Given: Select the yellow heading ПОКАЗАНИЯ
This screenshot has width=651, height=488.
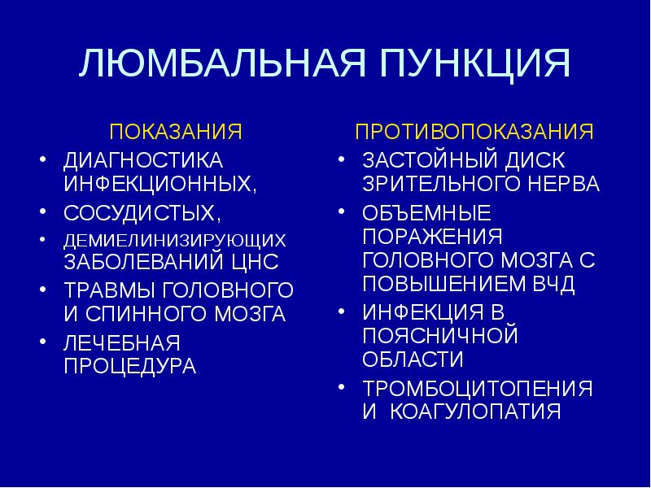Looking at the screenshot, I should pyautogui.click(x=177, y=131).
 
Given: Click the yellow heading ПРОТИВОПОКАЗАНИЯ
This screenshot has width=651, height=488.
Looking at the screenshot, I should pyautogui.click(x=474, y=131).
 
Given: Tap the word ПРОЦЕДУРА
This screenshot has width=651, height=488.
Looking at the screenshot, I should pyautogui.click(x=130, y=366).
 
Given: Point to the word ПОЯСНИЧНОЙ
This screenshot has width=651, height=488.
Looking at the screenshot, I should pyautogui.click(x=439, y=335).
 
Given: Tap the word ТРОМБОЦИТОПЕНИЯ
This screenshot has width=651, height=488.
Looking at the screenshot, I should pyautogui.click(x=478, y=387).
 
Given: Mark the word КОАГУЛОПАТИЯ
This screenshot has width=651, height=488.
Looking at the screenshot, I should pyautogui.click(x=476, y=412).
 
